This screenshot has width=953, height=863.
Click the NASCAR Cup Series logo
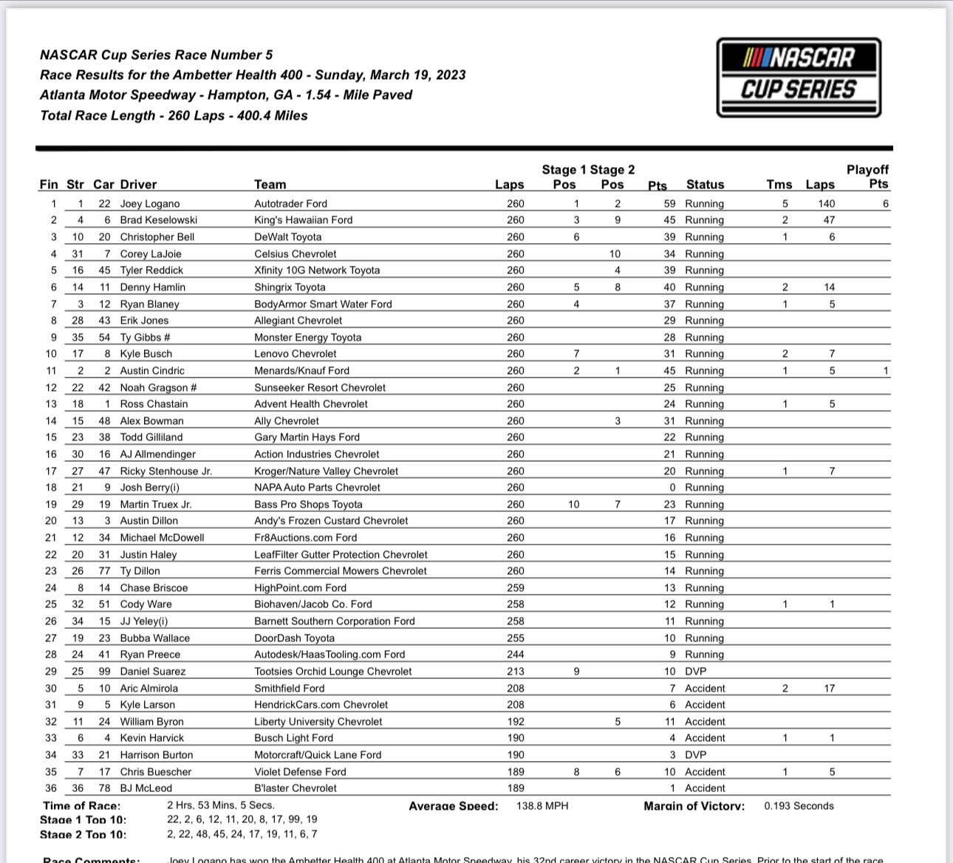click(799, 78)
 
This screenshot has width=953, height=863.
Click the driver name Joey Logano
click(150, 204)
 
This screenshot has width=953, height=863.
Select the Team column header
click(270, 185)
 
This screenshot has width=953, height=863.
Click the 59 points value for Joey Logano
click(669, 204)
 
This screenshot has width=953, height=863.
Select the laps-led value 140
click(826, 204)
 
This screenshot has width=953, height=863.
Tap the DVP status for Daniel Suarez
click(695, 672)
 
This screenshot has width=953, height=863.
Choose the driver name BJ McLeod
click(146, 788)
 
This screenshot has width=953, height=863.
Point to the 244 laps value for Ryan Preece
click(516, 655)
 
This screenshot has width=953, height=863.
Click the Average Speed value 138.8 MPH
click(543, 806)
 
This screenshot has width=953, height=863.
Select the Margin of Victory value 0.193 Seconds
click(799, 806)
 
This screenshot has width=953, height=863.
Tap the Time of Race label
click(81, 806)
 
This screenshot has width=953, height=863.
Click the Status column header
click(705, 185)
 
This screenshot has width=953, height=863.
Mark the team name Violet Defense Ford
click(300, 772)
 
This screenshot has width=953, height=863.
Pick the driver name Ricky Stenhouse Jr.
click(166, 471)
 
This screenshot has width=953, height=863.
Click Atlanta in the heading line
click(63, 95)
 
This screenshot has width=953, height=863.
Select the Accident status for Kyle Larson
click(705, 705)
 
